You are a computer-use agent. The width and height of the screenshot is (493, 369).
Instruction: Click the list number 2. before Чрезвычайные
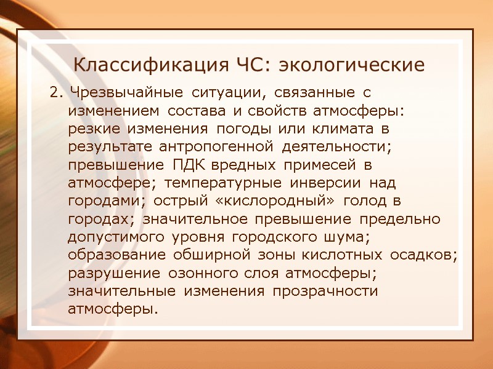[56, 93]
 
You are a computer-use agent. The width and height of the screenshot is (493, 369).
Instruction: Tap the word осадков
[425, 254]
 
